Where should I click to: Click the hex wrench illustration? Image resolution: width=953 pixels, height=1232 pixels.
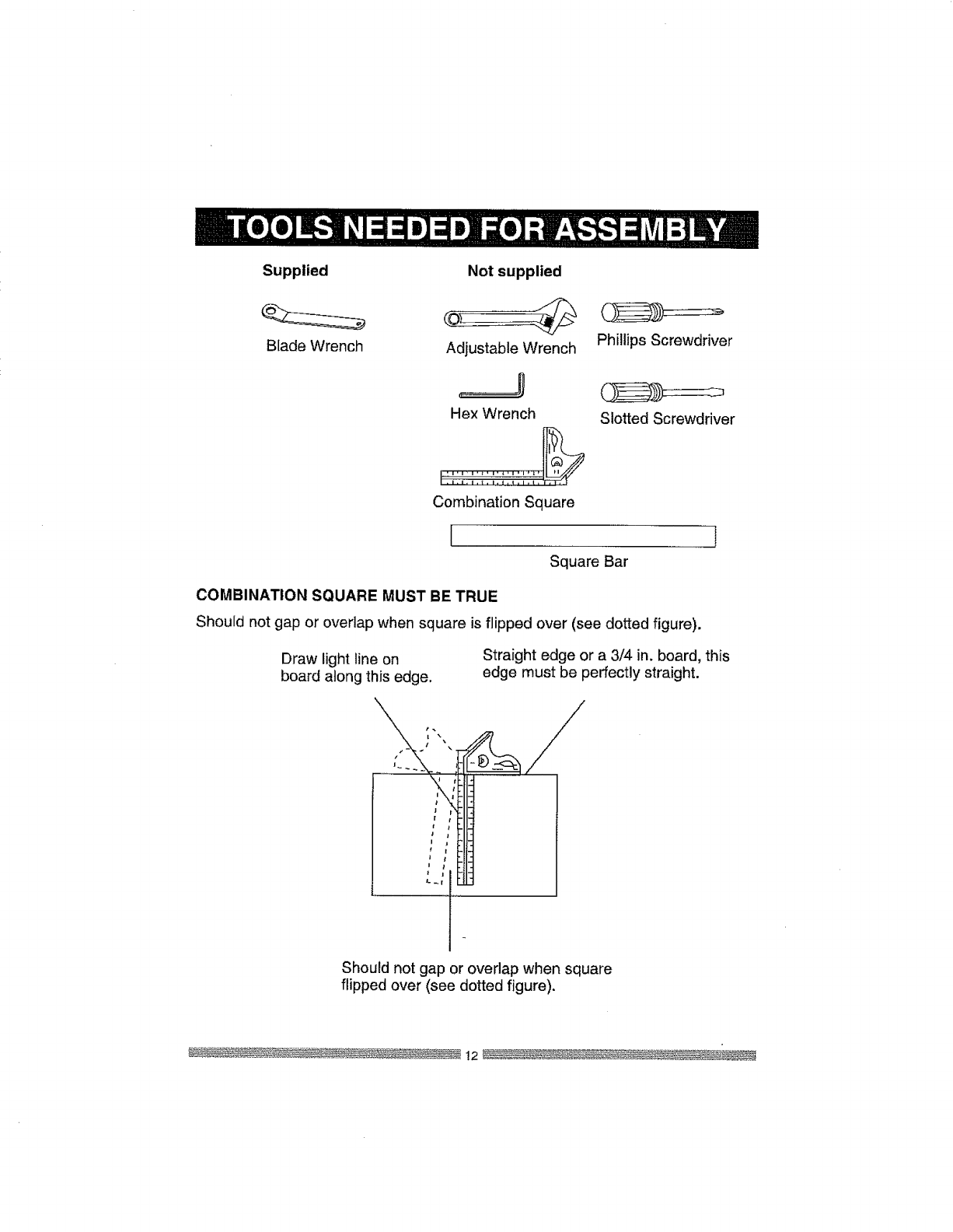click(x=494, y=390)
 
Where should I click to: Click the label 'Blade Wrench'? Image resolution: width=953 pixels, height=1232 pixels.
click(x=314, y=346)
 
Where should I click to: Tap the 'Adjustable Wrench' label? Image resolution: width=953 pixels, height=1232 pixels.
click(x=511, y=348)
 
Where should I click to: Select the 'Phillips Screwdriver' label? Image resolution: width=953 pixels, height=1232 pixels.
click(x=664, y=341)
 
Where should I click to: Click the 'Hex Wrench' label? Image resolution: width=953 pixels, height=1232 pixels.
click(x=493, y=414)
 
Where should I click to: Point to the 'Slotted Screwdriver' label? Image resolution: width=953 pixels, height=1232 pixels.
click(x=666, y=419)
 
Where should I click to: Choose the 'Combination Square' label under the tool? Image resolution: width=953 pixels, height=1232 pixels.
click(x=503, y=502)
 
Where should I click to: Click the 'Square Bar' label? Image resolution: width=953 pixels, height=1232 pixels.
click(x=588, y=561)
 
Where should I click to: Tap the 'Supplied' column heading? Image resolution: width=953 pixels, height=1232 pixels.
click(x=295, y=271)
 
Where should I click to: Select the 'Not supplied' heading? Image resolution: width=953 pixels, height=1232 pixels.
click(x=514, y=271)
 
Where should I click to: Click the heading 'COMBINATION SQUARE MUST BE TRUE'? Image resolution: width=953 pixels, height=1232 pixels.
click(x=346, y=597)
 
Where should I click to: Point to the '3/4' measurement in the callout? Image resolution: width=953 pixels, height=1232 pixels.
click(x=633, y=656)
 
